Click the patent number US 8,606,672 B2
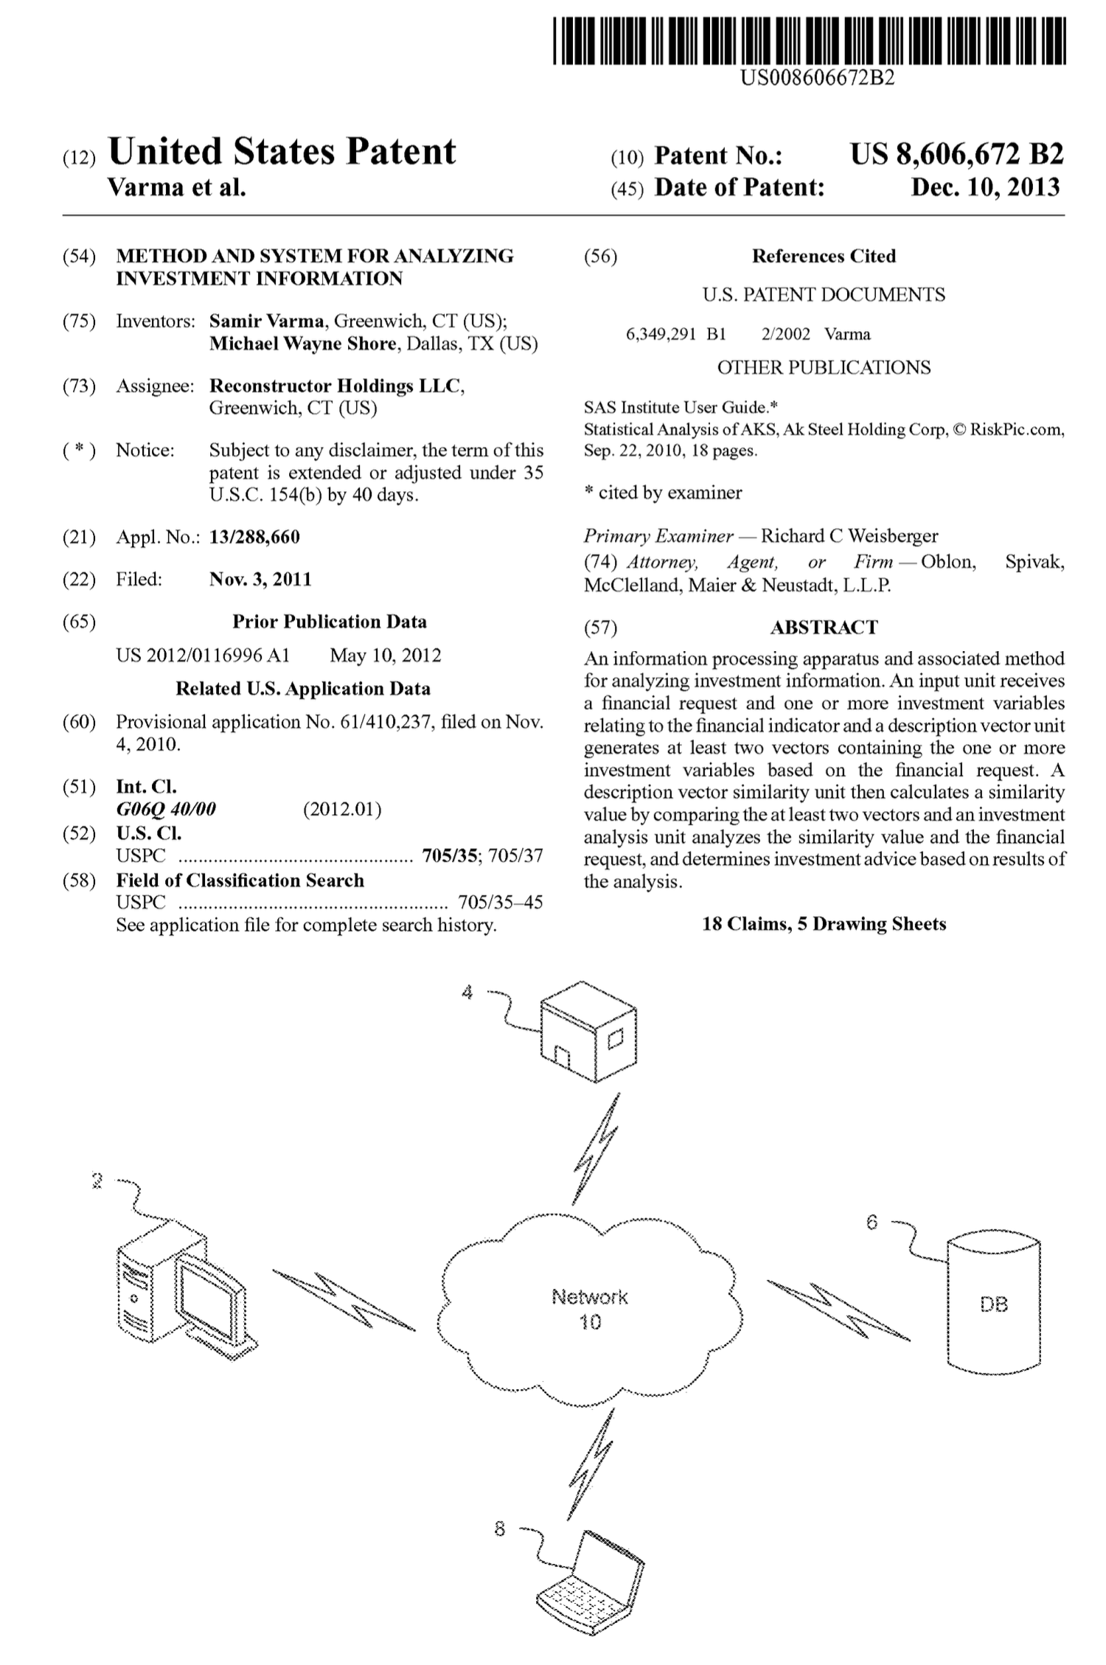(956, 154)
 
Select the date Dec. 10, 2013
(985, 187)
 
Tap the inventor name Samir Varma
(266, 321)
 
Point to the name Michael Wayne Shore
(302, 344)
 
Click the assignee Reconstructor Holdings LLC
(336, 386)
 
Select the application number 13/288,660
(254, 537)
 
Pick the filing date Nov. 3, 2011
(260, 580)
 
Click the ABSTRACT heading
(824, 628)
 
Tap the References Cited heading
(824, 257)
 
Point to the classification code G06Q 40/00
(166, 810)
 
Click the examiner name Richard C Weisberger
(849, 536)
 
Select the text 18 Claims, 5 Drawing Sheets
(824, 924)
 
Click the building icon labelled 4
(588, 1032)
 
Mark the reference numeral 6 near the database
(872, 1223)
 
